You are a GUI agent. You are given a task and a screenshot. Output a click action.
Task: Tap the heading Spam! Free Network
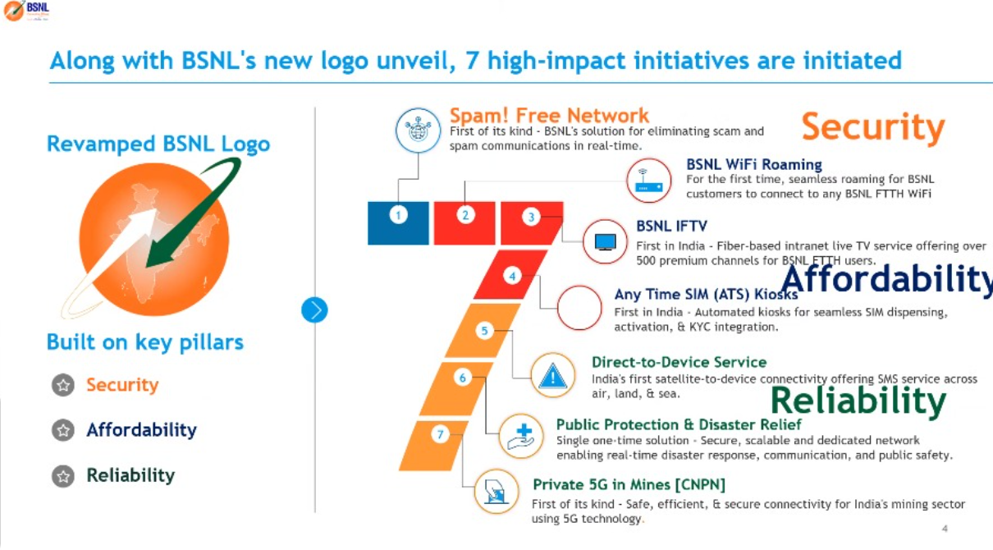pyautogui.click(x=549, y=116)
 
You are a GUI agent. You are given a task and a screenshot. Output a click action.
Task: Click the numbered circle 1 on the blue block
pyautogui.click(x=399, y=215)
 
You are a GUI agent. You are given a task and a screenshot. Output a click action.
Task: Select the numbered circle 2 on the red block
pyautogui.click(x=465, y=215)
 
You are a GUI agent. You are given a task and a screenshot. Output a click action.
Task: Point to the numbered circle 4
pyautogui.click(x=513, y=277)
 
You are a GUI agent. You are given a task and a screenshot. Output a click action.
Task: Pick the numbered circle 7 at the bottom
pyautogui.click(x=441, y=434)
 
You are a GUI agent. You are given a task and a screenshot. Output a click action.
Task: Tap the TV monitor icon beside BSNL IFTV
pyautogui.click(x=605, y=241)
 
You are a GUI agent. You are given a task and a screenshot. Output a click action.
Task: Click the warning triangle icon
pyautogui.click(x=553, y=376)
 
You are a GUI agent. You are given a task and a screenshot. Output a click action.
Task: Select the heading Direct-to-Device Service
pyautogui.click(x=679, y=362)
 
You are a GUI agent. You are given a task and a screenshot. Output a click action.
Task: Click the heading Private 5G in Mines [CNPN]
pyautogui.click(x=629, y=484)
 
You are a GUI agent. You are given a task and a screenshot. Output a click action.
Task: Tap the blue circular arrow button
pyautogui.click(x=314, y=309)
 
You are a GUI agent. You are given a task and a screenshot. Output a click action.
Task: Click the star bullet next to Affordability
pyautogui.click(x=62, y=430)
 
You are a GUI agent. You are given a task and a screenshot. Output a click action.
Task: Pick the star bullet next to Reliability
pyautogui.click(x=62, y=475)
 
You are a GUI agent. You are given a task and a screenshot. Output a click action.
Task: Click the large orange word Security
pyautogui.click(x=872, y=128)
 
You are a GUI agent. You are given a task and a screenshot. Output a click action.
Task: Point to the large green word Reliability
pyautogui.click(x=858, y=401)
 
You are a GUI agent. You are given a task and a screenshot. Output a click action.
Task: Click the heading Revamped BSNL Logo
pyautogui.click(x=158, y=144)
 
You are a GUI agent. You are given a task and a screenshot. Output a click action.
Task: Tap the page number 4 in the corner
pyautogui.click(x=945, y=529)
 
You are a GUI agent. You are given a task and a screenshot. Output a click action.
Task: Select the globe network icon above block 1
pyautogui.click(x=419, y=131)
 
